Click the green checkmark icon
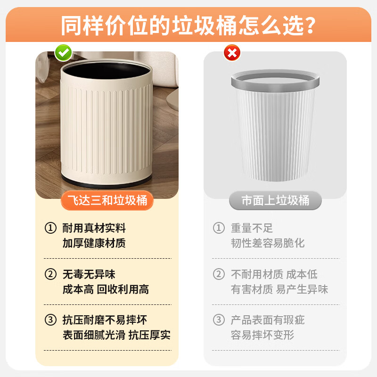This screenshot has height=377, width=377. point(63,53)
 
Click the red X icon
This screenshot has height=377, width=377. point(231,53)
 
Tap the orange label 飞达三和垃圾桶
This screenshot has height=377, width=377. point(107,201)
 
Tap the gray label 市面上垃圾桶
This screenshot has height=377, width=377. point(275,201)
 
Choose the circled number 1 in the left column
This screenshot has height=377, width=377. point(50,228)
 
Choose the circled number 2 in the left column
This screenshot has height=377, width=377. point(50,274)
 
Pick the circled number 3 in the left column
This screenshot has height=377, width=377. point(50,320)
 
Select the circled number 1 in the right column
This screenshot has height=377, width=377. point(219,228)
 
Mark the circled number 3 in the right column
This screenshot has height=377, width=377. point(219,320)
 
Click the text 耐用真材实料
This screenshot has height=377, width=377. point(94,228)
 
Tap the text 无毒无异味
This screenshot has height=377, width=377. point(89,274)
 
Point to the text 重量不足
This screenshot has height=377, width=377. point(252,228)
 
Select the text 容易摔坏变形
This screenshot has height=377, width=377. point(262,335)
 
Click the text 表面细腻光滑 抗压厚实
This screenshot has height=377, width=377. point(116,335)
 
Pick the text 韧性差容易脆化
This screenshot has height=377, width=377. point(268,243)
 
